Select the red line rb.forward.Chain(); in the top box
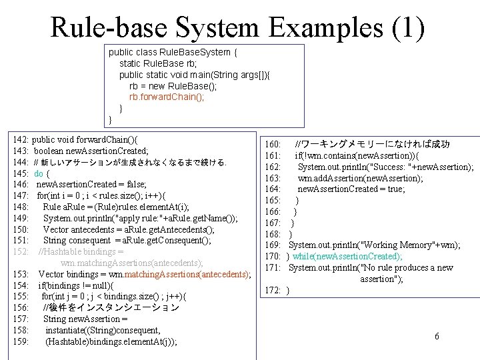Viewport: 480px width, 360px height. tap(167, 96)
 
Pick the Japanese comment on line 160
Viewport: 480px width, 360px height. tap(373, 144)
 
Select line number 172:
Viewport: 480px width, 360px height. tap(273, 290)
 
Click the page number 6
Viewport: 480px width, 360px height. tap(437, 336)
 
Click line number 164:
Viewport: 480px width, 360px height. tap(273, 189)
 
